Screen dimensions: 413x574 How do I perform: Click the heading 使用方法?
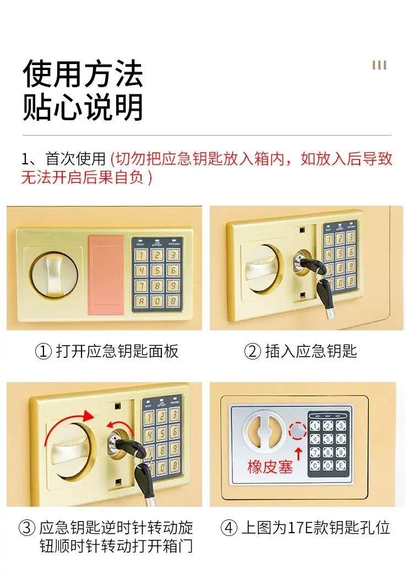pyautogui.click(x=83, y=73)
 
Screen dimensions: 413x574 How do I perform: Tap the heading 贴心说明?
pyautogui.click(x=83, y=107)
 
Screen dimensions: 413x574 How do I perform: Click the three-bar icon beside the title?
pyautogui.click(x=379, y=65)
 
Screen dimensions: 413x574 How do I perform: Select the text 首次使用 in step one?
pyautogui.click(x=75, y=159)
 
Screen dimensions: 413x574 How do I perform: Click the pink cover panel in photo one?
pyautogui.click(x=106, y=275)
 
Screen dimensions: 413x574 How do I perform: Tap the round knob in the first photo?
pyautogui.click(x=54, y=275)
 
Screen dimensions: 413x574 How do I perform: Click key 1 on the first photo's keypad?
pyautogui.click(x=142, y=255)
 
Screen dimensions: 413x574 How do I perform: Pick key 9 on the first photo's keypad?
pyautogui.click(x=173, y=286)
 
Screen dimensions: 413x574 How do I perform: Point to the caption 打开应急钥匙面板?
pyautogui.click(x=117, y=351)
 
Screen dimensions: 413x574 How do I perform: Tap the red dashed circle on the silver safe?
pyautogui.click(x=297, y=431)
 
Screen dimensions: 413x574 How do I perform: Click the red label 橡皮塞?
pyautogui.click(x=270, y=466)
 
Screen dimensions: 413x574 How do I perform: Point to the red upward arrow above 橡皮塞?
pyautogui.click(x=298, y=453)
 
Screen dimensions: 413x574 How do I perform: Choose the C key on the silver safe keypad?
pyautogui.click(x=315, y=465)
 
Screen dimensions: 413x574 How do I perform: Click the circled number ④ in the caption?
pyautogui.click(x=229, y=528)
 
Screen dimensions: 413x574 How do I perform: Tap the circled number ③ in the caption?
pyautogui.click(x=26, y=528)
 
